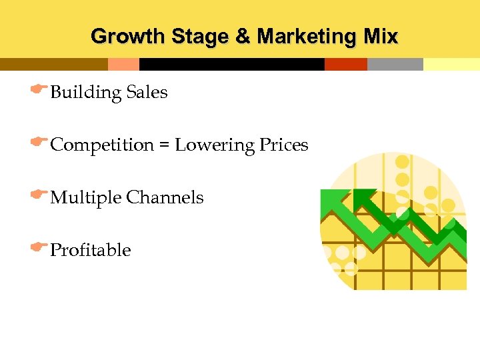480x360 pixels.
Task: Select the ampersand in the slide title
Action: click(241, 36)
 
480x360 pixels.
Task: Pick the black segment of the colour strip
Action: click(231, 64)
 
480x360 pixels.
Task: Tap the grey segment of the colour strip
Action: click(395, 64)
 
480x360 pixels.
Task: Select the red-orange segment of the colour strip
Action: click(345, 64)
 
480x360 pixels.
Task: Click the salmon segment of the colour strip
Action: click(123, 64)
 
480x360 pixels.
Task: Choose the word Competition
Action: click(102, 145)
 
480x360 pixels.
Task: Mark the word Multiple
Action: click(86, 198)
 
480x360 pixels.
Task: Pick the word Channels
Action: click(165, 197)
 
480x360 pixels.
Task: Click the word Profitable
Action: click(91, 250)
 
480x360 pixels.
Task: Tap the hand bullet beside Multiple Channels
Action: click(39, 194)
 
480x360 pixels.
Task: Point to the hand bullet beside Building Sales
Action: click(39, 89)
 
